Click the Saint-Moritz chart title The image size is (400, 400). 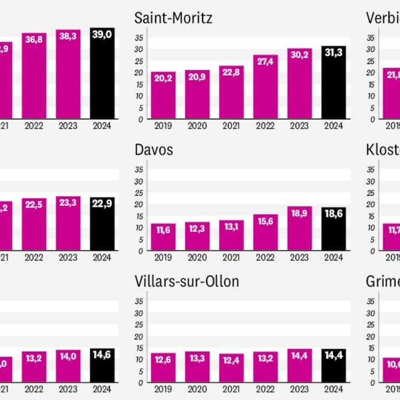click(x=173, y=18)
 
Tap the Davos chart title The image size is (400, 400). click(x=154, y=150)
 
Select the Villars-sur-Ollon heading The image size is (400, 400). click(x=186, y=281)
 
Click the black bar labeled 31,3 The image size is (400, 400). click(x=334, y=83)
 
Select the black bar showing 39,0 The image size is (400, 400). click(x=102, y=73)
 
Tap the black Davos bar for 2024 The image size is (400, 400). click(x=334, y=229)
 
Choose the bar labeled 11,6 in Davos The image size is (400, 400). click(x=163, y=237)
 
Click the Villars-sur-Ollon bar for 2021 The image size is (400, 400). click(x=231, y=368)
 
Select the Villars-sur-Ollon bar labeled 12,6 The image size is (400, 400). click(x=163, y=368)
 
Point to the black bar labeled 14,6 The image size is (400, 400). click(x=102, y=365)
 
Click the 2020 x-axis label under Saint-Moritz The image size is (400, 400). click(x=197, y=127)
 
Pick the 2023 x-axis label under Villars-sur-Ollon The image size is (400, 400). click(x=299, y=390)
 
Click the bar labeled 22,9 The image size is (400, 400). click(x=102, y=224)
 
